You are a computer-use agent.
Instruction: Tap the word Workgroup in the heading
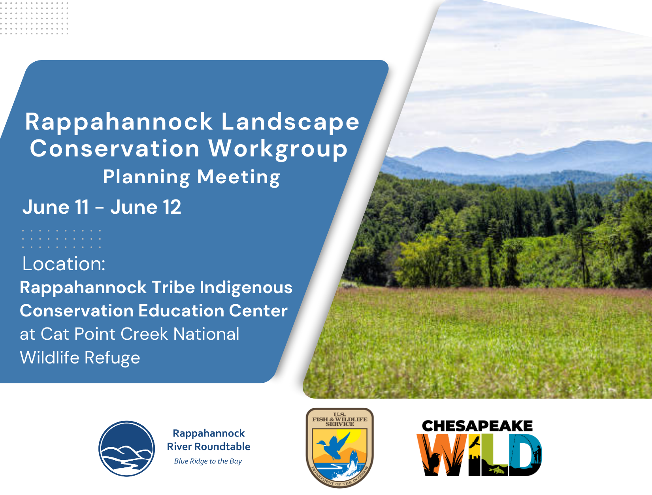[x=278, y=149]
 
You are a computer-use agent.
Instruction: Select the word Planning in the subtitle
[x=146, y=178]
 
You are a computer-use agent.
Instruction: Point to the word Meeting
[x=239, y=178]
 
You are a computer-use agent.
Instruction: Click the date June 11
[x=56, y=207]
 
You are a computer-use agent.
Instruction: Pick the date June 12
[x=145, y=207]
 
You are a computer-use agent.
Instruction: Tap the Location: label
[x=64, y=263]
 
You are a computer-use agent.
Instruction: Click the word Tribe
[x=173, y=288]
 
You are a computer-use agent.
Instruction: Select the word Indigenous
[x=246, y=288]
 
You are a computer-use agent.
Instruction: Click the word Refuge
[x=112, y=358]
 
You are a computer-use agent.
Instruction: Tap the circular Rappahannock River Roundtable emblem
[x=126, y=449]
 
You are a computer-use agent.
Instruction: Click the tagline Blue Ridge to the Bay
[x=208, y=461]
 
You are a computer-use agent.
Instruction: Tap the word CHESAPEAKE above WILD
[x=477, y=426]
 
